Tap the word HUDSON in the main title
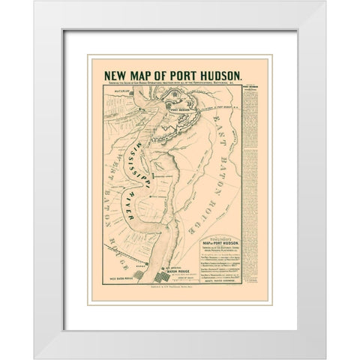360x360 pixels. click(217, 74)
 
